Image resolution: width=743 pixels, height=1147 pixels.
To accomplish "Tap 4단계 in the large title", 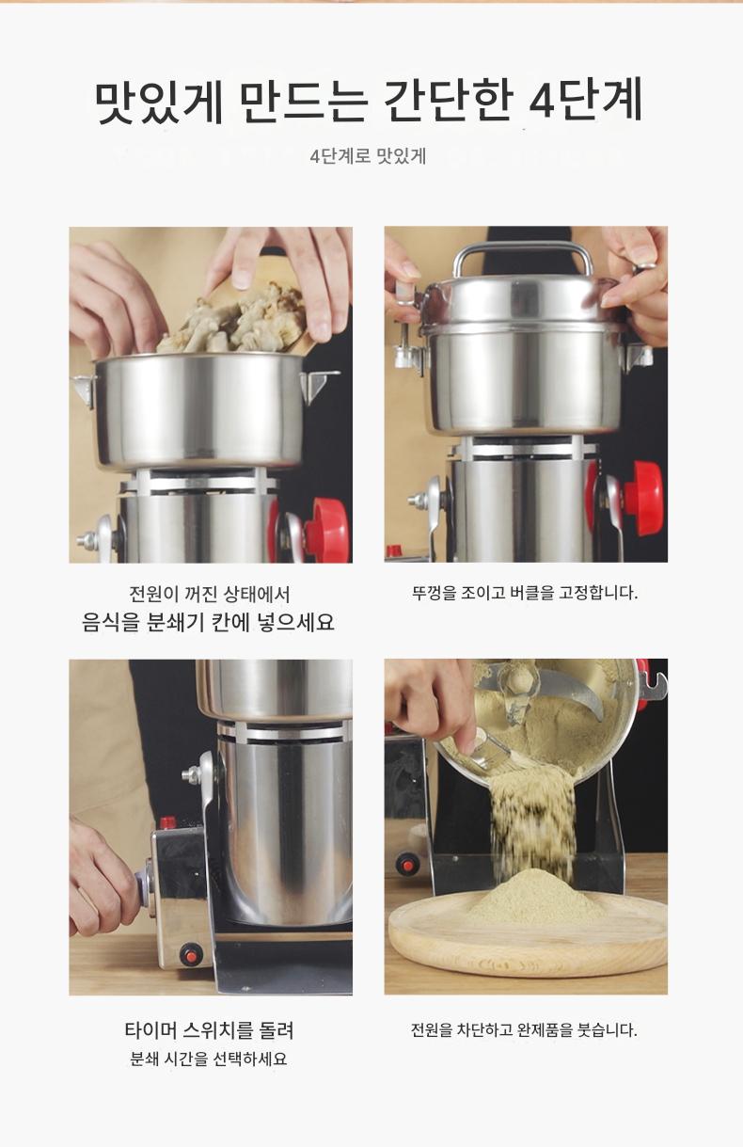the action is click(585, 100).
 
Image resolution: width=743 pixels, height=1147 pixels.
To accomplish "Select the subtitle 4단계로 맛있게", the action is click(368, 155).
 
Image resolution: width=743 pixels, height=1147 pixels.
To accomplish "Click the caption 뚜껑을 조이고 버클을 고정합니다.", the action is click(525, 593).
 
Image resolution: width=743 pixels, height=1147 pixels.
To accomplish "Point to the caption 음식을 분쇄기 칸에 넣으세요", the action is click(208, 622).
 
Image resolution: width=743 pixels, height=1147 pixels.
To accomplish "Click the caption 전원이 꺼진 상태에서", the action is click(210, 594).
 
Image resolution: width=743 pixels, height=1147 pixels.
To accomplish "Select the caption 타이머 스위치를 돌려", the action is click(210, 1029).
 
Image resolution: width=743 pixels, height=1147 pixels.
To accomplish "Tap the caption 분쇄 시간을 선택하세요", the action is click(209, 1059).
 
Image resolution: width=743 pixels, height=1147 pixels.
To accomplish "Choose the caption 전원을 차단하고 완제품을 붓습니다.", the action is click(525, 1029).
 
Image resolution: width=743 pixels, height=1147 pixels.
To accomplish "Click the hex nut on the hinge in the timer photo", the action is click(192, 774).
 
